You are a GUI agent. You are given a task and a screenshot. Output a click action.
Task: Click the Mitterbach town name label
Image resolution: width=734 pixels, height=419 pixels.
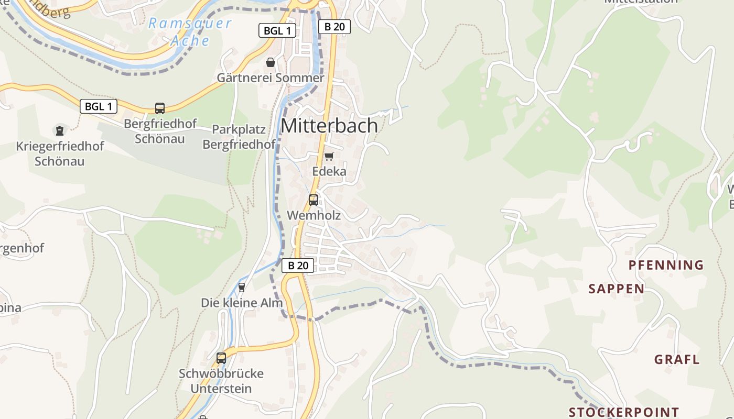(329, 126)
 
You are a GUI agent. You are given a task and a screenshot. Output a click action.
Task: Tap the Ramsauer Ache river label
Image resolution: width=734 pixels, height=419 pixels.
(190, 31)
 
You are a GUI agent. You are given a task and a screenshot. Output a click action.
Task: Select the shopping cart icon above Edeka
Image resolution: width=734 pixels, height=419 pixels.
(329, 156)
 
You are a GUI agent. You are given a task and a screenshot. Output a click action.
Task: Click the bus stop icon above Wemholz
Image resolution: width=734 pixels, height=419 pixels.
(314, 200)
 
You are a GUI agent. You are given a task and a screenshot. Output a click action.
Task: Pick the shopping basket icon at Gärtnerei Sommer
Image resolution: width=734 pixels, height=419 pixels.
(271, 62)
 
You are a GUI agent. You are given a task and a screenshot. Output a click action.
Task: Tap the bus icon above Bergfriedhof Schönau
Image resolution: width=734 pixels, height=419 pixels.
(160, 108)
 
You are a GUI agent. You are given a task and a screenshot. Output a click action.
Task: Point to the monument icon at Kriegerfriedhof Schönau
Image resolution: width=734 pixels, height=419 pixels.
(60, 130)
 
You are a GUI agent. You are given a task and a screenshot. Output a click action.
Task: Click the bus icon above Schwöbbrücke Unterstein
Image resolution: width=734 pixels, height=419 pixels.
(221, 358)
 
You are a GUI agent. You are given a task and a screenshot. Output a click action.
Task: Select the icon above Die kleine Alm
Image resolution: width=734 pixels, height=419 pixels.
(242, 287)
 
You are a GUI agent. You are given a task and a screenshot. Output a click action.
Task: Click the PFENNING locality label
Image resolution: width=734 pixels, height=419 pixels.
(666, 265)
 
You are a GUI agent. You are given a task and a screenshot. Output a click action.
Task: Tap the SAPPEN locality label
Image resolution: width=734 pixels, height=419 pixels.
(617, 289)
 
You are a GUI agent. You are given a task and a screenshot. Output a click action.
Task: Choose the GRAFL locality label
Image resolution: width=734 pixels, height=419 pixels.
(677, 359)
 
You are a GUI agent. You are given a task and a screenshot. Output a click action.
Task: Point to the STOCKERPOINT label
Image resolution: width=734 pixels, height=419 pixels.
(624, 412)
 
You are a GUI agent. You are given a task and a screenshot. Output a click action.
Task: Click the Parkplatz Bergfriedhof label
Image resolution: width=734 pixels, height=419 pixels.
(239, 137)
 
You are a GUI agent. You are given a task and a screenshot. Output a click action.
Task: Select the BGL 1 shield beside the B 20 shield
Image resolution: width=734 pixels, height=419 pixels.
(277, 30)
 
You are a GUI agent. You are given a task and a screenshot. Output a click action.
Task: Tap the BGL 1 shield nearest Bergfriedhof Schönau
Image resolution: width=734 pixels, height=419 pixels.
(99, 106)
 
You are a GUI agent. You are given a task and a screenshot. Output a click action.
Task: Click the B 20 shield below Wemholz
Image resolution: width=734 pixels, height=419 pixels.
(298, 266)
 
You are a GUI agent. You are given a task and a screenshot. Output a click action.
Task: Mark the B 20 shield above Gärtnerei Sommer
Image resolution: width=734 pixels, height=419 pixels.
(334, 27)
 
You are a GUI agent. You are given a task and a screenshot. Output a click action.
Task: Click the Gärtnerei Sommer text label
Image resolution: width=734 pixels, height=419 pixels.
(271, 78)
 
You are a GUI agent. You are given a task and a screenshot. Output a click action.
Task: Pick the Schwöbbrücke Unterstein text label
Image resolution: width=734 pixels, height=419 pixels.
(221, 381)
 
